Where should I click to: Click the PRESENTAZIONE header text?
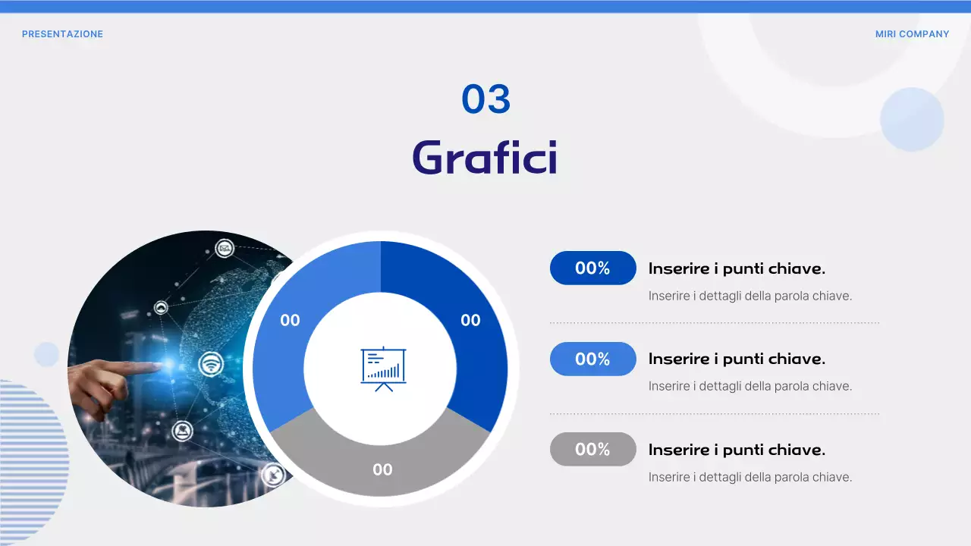(62, 34)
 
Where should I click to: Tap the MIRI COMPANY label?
(912, 34)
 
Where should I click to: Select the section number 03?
(486, 99)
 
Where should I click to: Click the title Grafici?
(485, 158)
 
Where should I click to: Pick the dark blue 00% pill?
(592, 268)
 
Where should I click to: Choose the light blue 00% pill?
(592, 359)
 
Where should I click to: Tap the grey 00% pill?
(592, 450)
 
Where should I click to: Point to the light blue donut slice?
(303, 303)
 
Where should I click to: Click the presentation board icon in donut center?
(383, 369)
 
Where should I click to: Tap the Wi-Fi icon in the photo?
(211, 365)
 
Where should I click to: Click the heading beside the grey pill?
(737, 450)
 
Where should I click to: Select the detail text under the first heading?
(750, 296)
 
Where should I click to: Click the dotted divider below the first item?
(714, 323)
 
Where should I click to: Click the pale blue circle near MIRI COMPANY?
(912, 119)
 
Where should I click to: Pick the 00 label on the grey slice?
(382, 469)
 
